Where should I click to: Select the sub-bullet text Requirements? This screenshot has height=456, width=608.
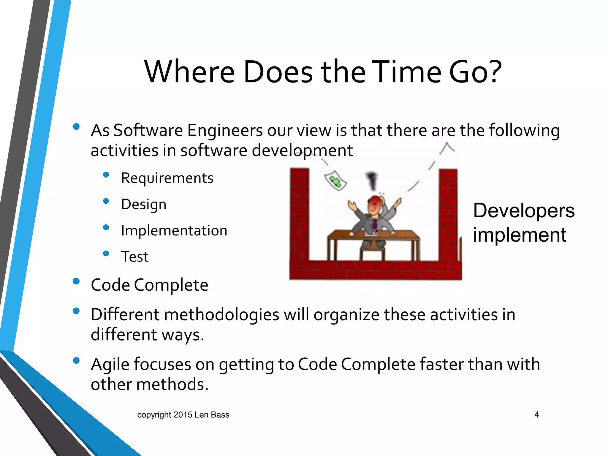click(x=167, y=178)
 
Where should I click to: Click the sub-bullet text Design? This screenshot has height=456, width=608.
click(x=144, y=205)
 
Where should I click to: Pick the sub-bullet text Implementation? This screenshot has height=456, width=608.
click(x=174, y=231)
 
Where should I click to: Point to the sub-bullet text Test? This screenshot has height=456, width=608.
click(x=134, y=257)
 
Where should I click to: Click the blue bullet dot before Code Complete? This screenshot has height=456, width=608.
click(x=76, y=281)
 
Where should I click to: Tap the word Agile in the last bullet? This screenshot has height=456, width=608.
click(x=111, y=364)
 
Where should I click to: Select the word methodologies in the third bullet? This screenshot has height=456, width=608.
click(x=221, y=315)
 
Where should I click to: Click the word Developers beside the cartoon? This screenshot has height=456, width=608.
click(x=524, y=211)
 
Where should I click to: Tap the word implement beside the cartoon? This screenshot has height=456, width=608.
click(x=520, y=235)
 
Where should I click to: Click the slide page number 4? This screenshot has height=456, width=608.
click(x=536, y=415)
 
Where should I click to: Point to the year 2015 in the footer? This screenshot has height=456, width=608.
click(x=183, y=415)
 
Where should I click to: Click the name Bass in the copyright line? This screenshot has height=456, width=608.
click(x=220, y=415)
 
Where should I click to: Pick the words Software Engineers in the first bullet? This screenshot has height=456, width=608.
click(x=188, y=131)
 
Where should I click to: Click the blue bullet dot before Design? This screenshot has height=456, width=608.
click(x=106, y=201)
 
